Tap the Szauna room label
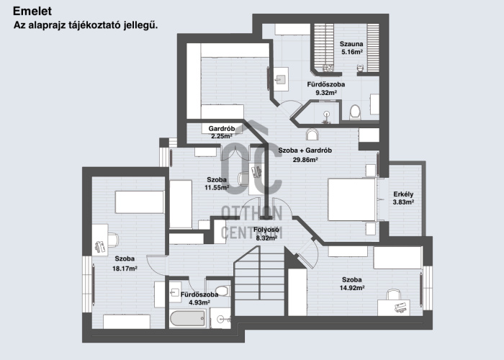[x=351, y=43]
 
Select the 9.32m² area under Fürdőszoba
[x=326, y=93]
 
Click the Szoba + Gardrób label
[x=305, y=150]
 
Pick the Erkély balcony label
[x=403, y=194]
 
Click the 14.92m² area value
[x=352, y=288]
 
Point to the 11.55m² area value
[x=217, y=188]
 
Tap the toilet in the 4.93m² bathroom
[x=222, y=291]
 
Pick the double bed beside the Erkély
[x=352, y=199]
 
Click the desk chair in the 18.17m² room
[x=99, y=245]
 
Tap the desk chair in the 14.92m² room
[x=393, y=294]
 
